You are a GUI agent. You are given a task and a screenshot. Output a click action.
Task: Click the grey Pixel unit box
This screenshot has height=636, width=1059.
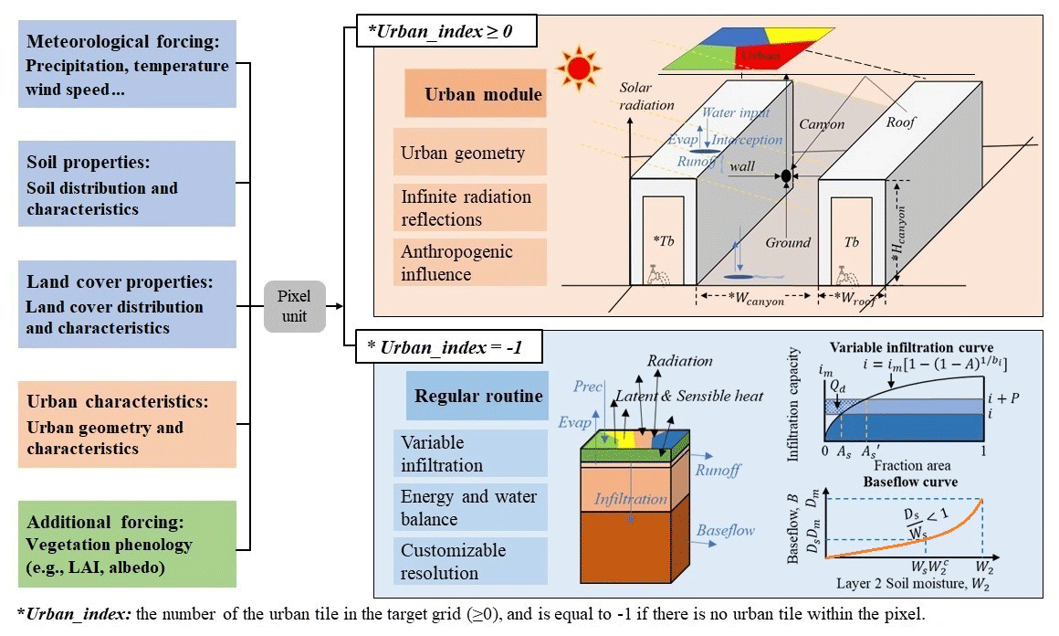tap(293, 307)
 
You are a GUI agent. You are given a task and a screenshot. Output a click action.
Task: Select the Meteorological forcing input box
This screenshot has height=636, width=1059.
tap(127, 66)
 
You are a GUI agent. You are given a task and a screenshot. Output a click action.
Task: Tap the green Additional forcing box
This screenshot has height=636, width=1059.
tap(127, 544)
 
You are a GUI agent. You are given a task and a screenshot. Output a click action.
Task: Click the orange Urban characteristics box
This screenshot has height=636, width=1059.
tap(127, 424)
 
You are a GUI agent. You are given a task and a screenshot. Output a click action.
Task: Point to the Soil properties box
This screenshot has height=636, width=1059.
tap(127, 186)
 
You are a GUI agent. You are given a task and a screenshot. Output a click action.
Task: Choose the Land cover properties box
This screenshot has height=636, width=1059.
tap(127, 304)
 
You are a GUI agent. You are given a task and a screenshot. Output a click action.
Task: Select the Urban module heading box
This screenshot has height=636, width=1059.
tap(476, 95)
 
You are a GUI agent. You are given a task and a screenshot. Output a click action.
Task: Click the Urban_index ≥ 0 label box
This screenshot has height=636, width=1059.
tap(439, 32)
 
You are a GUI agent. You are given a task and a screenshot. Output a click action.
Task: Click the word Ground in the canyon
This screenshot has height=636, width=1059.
tap(788, 242)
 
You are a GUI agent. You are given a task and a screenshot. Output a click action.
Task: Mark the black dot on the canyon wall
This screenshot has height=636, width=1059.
tap(786, 175)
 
